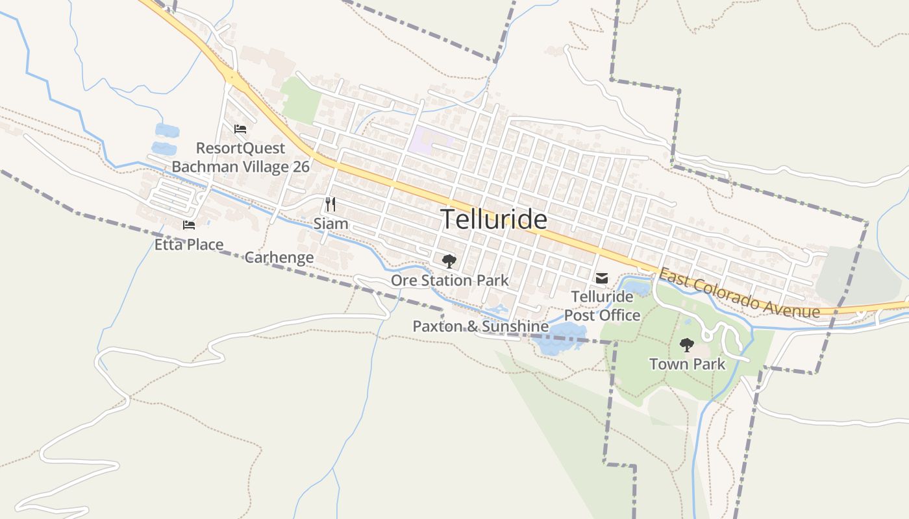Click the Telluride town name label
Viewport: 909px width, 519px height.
pos(494,220)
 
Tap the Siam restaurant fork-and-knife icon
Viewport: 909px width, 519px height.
pos(330,204)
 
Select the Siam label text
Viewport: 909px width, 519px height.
pos(330,224)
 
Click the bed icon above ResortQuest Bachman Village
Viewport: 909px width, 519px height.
pos(240,129)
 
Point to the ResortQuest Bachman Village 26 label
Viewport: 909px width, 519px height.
pos(240,158)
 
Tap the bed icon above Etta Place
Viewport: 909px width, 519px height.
pos(189,225)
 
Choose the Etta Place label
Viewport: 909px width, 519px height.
pos(189,245)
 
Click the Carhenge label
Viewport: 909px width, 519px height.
pos(279,258)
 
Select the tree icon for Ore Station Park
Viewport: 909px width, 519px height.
pos(449,261)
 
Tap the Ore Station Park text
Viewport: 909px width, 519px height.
pos(449,280)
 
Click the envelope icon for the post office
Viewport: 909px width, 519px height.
pos(602,278)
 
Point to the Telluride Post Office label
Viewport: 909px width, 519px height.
pos(602,306)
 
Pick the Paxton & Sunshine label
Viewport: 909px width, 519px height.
pos(480,326)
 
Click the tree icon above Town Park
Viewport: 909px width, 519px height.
pos(686,344)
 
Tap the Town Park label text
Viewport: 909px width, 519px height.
pos(687,364)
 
